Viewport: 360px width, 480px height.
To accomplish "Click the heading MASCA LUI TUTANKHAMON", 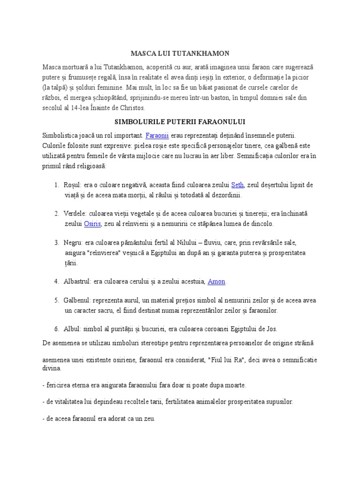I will pos(180,54).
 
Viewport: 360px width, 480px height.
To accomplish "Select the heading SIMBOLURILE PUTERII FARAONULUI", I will pos(180,122).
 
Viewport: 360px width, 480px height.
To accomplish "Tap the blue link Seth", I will pos(238,185).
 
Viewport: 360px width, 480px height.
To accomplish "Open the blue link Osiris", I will pos(92,224).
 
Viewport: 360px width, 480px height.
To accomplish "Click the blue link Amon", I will pos(217,281).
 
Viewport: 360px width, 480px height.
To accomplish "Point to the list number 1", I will pos(56,185).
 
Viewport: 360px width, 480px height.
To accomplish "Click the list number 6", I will pos(56,329).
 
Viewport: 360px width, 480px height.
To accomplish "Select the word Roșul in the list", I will pos(73,185).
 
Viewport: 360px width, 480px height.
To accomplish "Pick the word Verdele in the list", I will pos(75,214).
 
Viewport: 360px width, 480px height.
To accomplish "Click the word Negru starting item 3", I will pos(73,243).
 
